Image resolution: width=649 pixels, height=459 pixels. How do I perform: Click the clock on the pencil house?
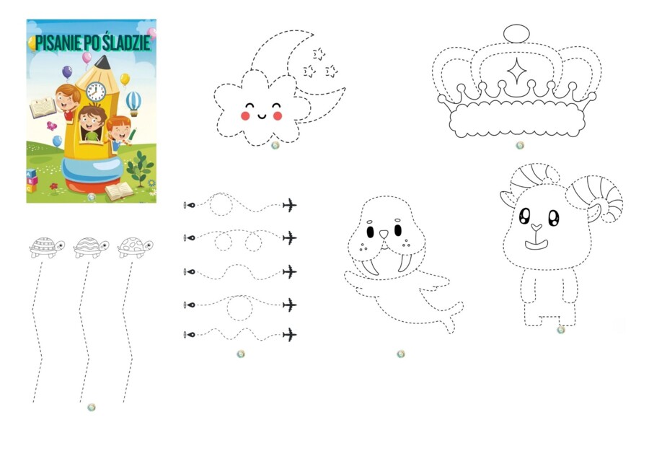click(96, 91)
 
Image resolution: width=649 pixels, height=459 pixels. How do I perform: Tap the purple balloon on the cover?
click(67, 72)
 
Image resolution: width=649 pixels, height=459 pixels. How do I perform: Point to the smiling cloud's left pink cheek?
click(245, 115)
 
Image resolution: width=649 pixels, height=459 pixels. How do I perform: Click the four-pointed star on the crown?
click(516, 71)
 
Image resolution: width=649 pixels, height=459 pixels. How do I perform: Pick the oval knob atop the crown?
click(516, 33)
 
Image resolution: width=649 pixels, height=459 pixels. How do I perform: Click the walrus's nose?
click(384, 235)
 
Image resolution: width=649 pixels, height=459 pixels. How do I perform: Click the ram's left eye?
click(525, 215)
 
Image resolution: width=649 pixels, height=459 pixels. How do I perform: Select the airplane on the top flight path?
click(290, 205)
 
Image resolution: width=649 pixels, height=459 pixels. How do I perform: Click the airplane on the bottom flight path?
click(290, 334)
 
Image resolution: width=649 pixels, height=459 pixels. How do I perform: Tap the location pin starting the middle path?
click(190, 272)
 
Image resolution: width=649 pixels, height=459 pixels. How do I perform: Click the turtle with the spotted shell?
click(135, 248)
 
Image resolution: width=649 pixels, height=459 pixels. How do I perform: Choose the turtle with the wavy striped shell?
click(91, 248)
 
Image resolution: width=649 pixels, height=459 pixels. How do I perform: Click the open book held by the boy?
click(43, 108)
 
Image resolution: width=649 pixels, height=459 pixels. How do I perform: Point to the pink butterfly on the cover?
click(51, 126)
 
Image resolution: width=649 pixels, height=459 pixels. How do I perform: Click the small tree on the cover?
click(140, 167)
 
